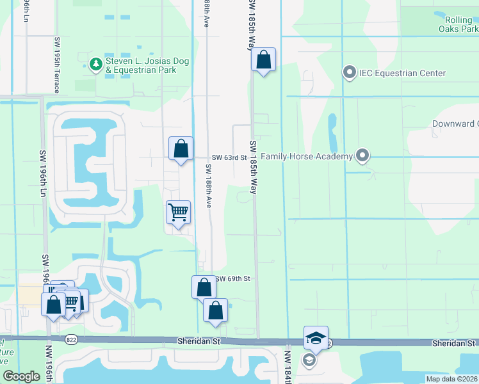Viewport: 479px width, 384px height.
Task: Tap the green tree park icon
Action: (x=95, y=64)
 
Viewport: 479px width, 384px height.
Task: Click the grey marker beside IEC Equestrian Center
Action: (x=350, y=72)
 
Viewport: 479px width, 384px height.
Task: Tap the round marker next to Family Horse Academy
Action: (x=363, y=156)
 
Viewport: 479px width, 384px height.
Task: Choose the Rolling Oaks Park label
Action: (x=459, y=25)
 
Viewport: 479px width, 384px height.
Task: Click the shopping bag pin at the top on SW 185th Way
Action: (x=263, y=61)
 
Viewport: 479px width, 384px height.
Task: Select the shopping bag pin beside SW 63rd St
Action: (x=181, y=149)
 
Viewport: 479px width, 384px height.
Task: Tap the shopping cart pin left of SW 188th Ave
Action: (x=178, y=212)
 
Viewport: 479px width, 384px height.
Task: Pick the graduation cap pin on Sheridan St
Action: (x=316, y=338)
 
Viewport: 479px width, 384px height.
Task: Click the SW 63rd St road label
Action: (x=229, y=157)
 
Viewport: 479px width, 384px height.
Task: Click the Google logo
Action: (x=22, y=376)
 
